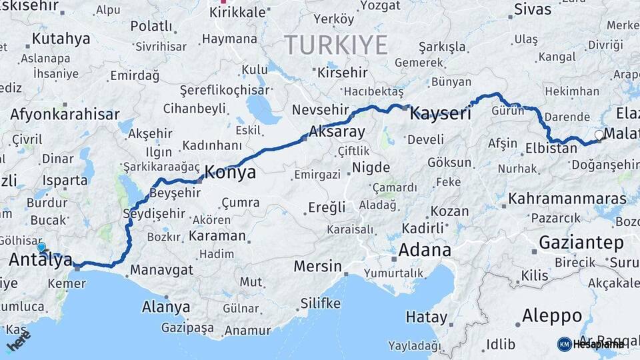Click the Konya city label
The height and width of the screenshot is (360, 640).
229,173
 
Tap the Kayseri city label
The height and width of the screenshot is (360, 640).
440,113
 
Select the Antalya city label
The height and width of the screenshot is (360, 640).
40,261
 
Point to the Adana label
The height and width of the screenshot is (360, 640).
425,251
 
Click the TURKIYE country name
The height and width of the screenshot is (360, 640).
336,45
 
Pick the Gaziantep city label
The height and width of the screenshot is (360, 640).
581,242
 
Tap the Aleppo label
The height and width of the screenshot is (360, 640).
552,315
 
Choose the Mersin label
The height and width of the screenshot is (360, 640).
317,267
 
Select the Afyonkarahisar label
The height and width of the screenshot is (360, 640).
64,114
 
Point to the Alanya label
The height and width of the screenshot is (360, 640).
166,307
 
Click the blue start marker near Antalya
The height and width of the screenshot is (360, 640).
41,247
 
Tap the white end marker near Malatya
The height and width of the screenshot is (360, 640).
599,135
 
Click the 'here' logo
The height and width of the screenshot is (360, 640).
19,341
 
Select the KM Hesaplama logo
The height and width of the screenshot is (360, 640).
591,344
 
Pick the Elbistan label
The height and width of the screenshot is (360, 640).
551,148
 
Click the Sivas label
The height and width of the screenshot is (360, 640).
533,10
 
